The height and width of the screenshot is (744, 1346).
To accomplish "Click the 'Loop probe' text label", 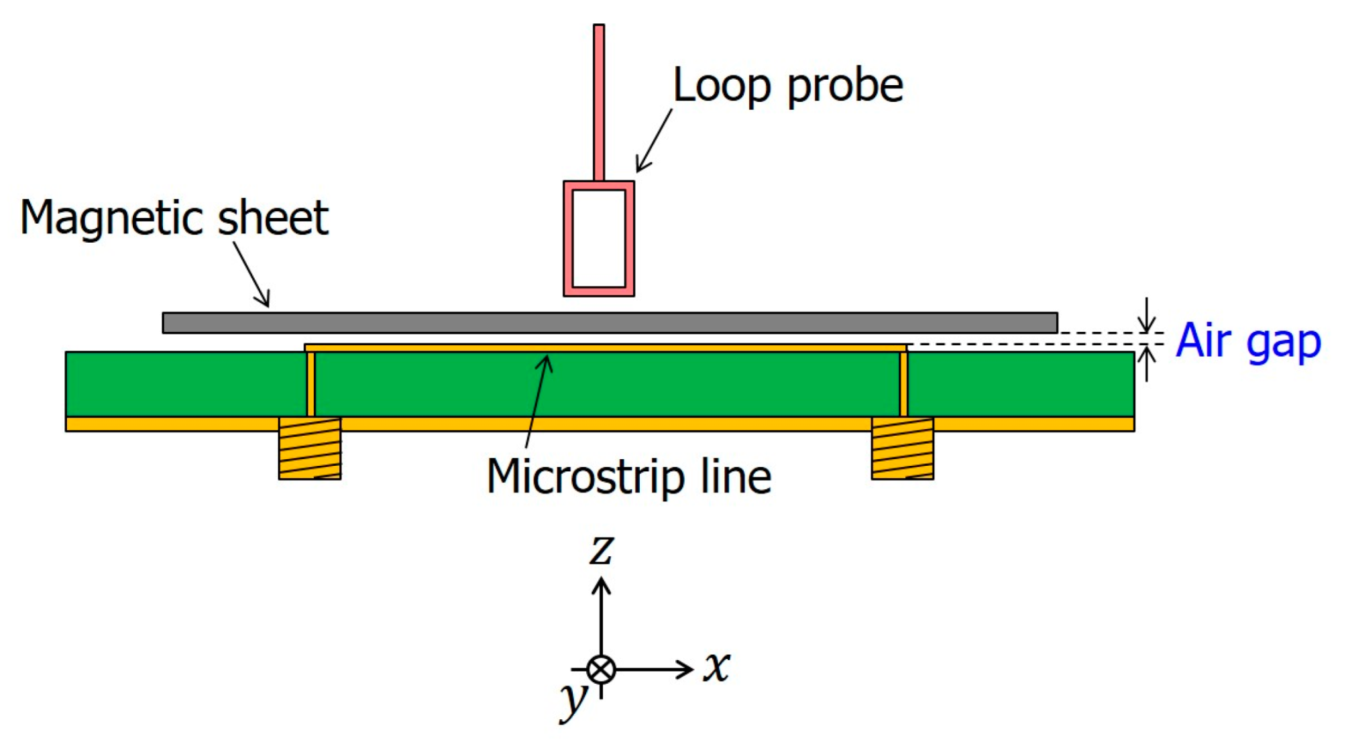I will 787,86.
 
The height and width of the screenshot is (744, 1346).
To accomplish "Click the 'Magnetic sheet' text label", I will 174,219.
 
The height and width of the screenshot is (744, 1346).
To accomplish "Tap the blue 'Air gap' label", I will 1248,341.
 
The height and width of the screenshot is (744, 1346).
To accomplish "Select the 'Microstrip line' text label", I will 628,477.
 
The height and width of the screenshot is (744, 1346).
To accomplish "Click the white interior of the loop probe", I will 599,239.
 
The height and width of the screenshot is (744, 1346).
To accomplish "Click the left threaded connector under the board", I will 310,448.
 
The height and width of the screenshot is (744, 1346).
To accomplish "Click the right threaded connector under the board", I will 902,448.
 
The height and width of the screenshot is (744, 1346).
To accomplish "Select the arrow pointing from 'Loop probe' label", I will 653,141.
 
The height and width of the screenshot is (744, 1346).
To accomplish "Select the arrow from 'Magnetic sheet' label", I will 252,275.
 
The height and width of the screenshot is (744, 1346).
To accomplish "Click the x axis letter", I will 716,667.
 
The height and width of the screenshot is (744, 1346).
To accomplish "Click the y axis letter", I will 574,700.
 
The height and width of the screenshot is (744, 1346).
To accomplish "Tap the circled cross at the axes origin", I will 601,669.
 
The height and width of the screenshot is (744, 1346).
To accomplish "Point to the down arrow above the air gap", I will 1147,315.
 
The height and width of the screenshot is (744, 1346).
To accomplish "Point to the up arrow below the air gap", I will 1147,363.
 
